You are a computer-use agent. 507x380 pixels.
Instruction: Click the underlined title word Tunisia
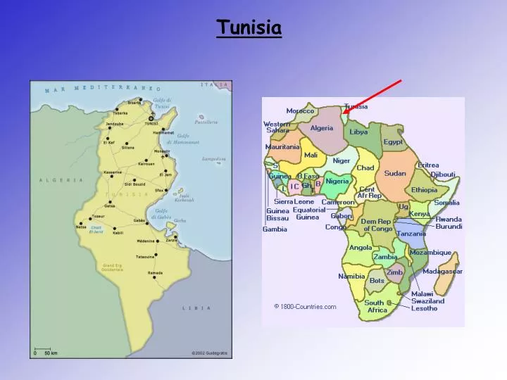point(249,28)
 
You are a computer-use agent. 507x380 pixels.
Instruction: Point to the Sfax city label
point(160,190)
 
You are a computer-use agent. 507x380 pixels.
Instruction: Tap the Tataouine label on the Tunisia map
point(146,257)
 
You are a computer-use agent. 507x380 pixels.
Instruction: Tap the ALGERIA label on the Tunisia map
point(61,180)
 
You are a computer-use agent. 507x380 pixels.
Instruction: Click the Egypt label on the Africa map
point(393,141)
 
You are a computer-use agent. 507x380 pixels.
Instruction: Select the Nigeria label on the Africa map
point(337,181)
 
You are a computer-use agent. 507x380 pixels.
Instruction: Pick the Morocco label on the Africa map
point(300,111)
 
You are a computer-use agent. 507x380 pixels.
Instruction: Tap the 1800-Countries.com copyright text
point(305,306)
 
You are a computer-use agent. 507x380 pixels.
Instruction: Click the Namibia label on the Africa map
point(351,277)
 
